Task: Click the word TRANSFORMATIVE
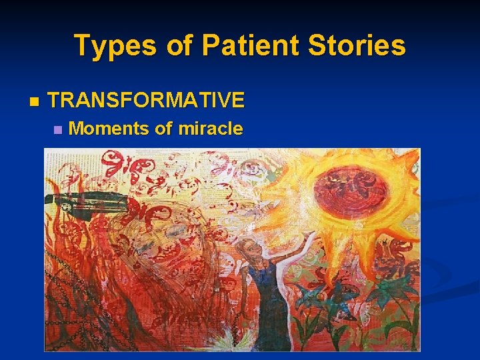click(147, 101)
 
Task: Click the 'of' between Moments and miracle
click(163, 129)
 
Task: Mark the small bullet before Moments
click(58, 129)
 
